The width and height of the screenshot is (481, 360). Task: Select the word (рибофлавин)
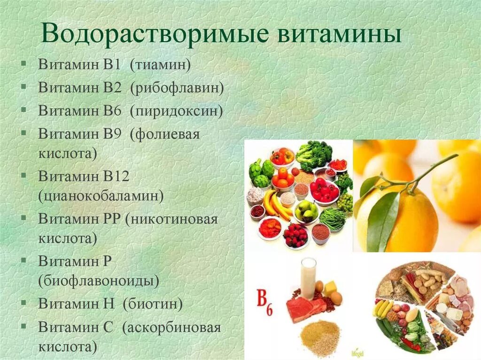click(177, 87)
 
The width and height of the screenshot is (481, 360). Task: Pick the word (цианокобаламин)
click(101, 195)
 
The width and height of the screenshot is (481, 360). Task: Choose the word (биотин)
click(153, 304)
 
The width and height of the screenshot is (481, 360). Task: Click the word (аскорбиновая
click(171, 327)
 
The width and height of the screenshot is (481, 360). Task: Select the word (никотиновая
click(172, 219)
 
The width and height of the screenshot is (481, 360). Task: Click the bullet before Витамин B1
click(23, 64)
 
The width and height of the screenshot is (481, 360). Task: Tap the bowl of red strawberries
click(295, 235)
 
